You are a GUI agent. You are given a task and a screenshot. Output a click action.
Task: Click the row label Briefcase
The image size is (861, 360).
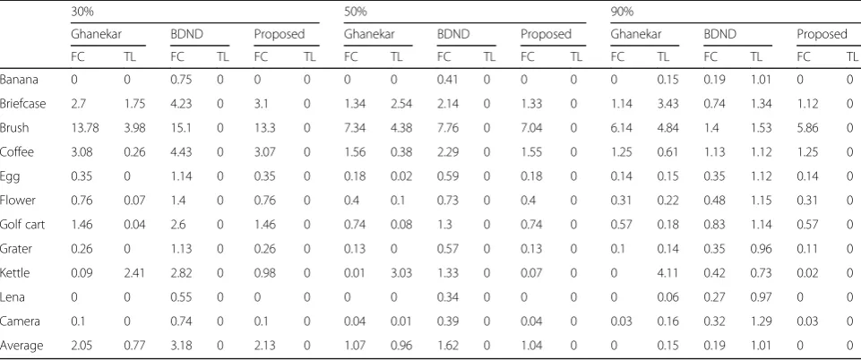click(x=22, y=104)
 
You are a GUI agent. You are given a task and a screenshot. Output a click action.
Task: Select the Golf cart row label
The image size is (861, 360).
click(x=22, y=225)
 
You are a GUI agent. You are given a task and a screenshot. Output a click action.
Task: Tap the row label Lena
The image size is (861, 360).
click(x=12, y=297)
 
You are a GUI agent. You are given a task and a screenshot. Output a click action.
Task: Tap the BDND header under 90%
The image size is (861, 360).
click(x=719, y=34)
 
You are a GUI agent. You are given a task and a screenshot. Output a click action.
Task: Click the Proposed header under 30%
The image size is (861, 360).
click(x=279, y=34)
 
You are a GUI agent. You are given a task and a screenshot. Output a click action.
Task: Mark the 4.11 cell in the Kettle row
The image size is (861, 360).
click(x=668, y=273)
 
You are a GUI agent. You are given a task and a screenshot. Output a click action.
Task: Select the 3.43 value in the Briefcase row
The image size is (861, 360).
click(x=668, y=104)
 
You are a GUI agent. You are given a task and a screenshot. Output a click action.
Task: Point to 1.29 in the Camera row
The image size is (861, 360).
click(x=761, y=321)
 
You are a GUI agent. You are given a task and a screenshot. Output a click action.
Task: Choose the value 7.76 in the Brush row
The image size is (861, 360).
click(x=447, y=128)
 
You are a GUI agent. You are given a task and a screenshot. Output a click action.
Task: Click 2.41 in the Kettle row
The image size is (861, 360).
click(x=134, y=273)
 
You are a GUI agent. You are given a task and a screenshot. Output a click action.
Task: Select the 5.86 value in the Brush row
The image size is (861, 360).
click(x=808, y=128)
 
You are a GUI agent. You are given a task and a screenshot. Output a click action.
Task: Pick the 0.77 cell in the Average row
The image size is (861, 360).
click(x=134, y=345)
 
